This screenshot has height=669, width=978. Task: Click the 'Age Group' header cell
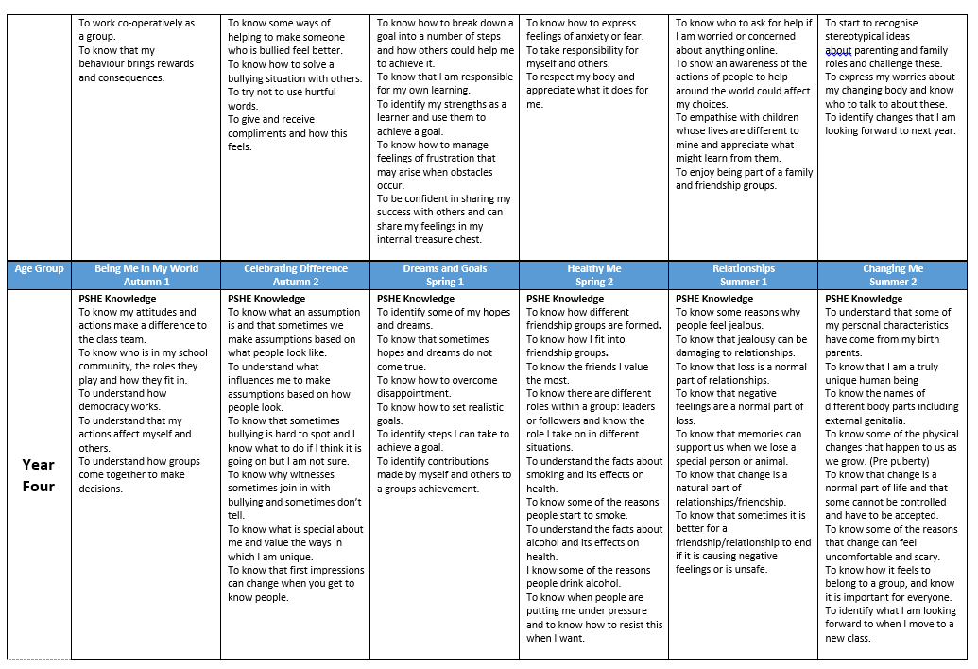[x=39, y=269]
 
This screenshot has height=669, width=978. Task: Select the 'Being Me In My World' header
[x=146, y=275]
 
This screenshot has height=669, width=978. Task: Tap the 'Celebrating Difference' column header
[x=296, y=275]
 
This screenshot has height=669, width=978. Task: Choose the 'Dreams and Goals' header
[x=445, y=275]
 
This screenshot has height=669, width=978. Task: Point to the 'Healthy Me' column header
[x=594, y=275]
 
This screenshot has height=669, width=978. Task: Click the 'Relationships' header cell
[x=744, y=275]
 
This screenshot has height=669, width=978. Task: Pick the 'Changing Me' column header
[x=893, y=275]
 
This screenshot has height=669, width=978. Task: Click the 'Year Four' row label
[x=39, y=475]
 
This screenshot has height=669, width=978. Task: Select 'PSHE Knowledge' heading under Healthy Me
[x=565, y=299]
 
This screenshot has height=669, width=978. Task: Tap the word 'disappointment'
[x=414, y=394]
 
